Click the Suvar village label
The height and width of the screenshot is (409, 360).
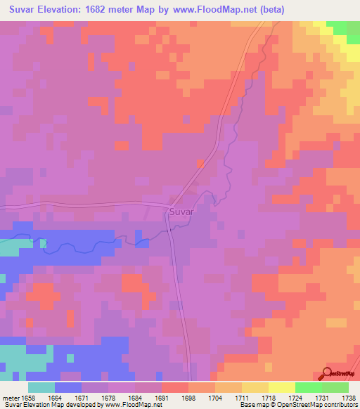tap(181, 210)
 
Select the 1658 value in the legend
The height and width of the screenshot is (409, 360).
tap(27, 397)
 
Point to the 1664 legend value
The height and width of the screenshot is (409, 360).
tap(54, 397)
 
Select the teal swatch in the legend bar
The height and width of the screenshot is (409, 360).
tap(41, 387)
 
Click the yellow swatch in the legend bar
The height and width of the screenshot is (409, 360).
tap(281, 387)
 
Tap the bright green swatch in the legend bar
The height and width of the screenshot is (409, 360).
tap(308, 387)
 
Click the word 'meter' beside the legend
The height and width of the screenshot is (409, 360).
tap(11, 397)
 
